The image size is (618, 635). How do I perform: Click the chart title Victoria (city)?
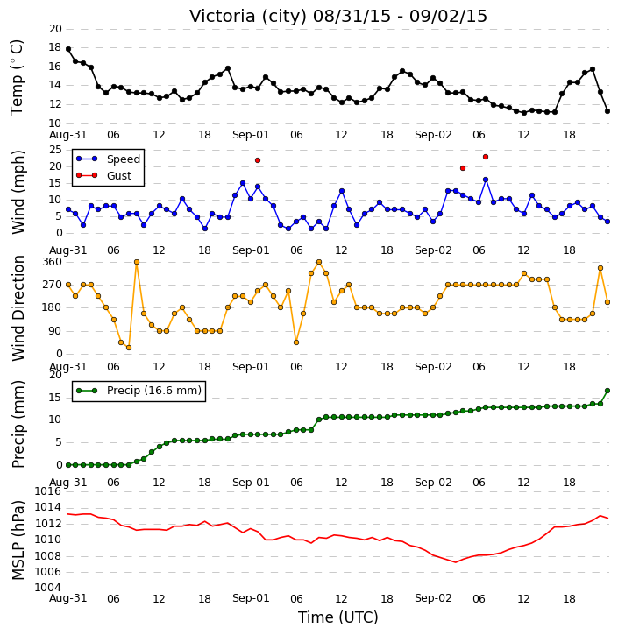(248, 16)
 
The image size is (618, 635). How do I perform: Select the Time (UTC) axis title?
(338, 617)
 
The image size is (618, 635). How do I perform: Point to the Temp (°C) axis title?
(17, 77)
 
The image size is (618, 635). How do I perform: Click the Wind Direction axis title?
(18, 308)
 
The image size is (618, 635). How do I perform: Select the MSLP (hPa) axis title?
(18, 540)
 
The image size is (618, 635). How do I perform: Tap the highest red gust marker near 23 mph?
(486, 157)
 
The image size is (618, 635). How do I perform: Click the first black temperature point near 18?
(68, 49)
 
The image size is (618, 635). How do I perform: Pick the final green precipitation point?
(607, 391)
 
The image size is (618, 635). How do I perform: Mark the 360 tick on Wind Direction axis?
(52, 262)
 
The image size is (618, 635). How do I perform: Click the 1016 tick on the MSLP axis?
(48, 491)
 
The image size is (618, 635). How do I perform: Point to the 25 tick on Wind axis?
(55, 150)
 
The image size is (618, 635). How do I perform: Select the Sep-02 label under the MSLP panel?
(433, 598)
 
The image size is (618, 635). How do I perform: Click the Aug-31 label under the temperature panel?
(68, 135)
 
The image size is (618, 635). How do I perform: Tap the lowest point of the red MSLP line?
(456, 562)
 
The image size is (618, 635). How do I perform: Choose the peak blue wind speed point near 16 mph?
(486, 180)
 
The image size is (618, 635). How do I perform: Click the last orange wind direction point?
(607, 302)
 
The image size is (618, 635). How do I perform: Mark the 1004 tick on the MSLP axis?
(48, 588)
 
